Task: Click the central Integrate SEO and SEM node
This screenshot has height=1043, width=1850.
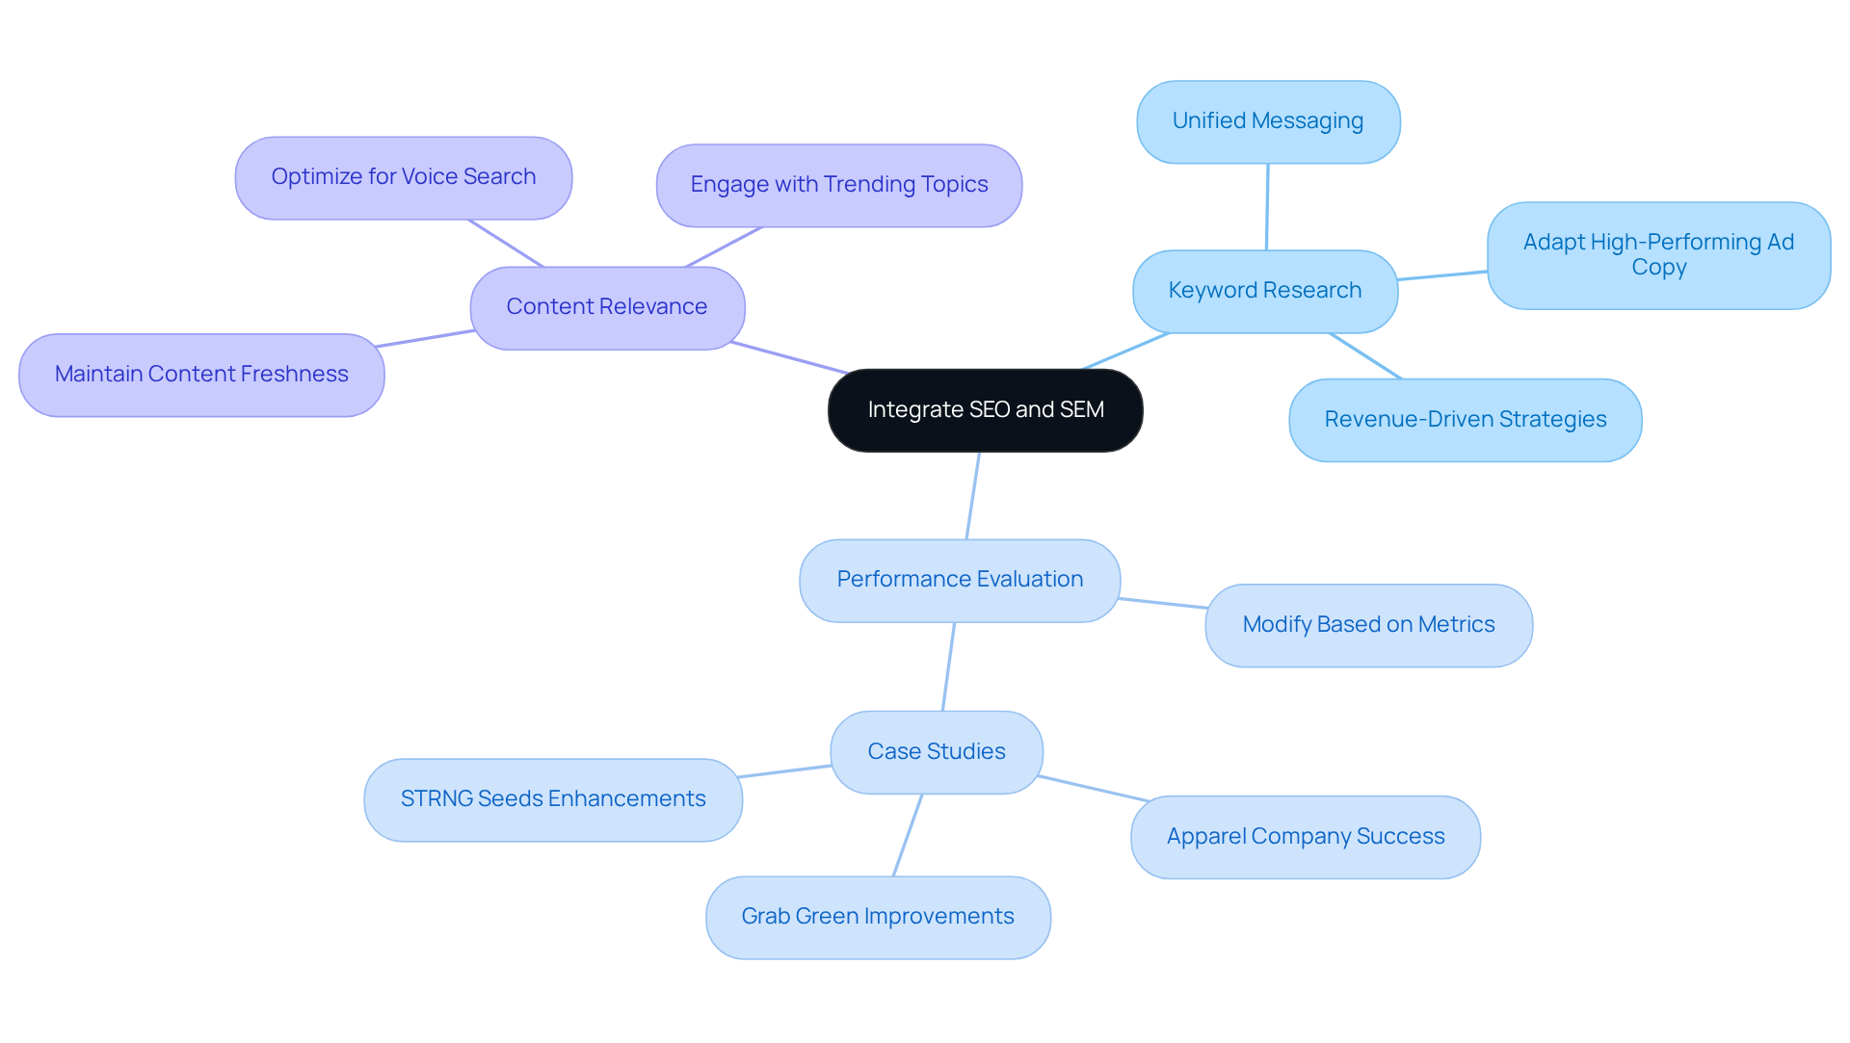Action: click(x=985, y=410)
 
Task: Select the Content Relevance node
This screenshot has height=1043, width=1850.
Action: click(x=607, y=307)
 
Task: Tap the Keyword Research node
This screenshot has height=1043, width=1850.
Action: click(x=1264, y=291)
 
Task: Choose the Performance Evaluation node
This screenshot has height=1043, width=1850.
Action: click(x=960, y=580)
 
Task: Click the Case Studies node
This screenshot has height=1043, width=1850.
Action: click(x=936, y=752)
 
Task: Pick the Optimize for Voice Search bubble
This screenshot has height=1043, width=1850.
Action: click(x=403, y=177)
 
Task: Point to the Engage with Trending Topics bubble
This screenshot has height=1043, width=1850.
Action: click(x=838, y=185)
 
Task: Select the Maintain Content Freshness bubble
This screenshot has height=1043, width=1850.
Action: click(x=201, y=375)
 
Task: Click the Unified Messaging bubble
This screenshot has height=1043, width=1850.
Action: click(x=1267, y=121)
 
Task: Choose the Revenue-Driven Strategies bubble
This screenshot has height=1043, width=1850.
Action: click(x=1465, y=420)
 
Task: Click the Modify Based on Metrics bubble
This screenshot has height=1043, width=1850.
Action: click(x=1368, y=625)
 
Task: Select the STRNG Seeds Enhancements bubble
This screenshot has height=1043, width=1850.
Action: click(x=552, y=799)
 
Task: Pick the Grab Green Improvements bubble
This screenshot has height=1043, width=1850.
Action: click(x=877, y=917)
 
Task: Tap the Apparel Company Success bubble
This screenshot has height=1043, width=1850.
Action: click(x=1305, y=837)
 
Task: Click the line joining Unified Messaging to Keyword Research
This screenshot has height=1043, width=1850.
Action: click(x=1267, y=207)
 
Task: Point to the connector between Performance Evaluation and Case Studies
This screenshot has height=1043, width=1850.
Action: click(x=948, y=666)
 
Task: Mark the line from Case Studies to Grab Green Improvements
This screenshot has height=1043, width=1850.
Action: click(x=908, y=835)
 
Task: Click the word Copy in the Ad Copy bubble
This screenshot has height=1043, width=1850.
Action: click(x=1658, y=269)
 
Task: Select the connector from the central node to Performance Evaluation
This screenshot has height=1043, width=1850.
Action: click(x=973, y=496)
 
